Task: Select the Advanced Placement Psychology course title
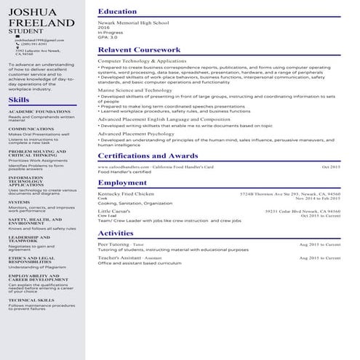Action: (136, 135)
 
